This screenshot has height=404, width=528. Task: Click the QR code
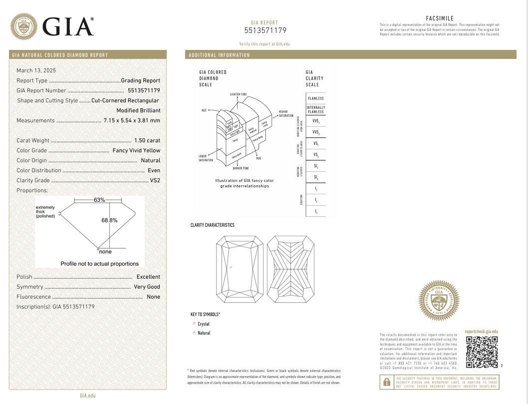pos(482,352)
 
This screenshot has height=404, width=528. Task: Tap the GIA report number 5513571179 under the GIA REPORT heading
pos(265,30)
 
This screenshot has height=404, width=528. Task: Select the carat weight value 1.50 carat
pos(147,140)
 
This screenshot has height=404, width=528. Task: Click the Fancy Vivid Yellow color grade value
pos(136,150)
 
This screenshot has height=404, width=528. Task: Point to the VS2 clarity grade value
pos(155,180)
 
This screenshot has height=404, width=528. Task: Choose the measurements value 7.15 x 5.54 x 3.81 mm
pos(132,120)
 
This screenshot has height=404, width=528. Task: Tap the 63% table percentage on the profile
pos(99,200)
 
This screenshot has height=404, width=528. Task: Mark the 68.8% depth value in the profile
pos(109,220)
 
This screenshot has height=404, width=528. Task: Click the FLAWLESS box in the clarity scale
pos(315,98)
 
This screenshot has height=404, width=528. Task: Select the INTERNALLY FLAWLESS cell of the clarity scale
pos(315,109)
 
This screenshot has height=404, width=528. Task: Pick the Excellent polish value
pos(148,277)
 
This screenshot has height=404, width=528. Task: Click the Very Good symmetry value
pos(147,287)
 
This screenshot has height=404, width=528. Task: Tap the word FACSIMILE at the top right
pos(440,18)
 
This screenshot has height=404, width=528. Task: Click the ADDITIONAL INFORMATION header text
pos(219,55)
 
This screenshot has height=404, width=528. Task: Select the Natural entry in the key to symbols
pos(204,333)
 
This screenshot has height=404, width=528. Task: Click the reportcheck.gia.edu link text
pos(481,332)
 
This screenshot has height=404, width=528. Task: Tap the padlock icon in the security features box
pos(386,383)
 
